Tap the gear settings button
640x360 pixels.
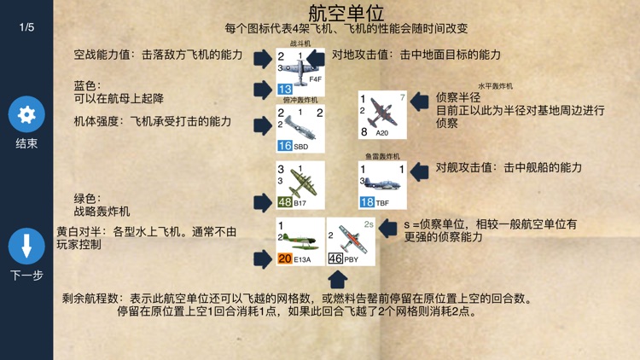26,114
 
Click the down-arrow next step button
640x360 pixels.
26,246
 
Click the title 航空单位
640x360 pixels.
346,13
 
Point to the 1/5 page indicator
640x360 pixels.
26,27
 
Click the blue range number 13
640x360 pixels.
285,89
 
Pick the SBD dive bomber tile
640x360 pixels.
300,129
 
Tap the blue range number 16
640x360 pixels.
285,146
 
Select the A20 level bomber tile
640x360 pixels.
382,115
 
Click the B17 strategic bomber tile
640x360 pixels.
300,185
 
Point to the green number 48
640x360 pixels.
285,202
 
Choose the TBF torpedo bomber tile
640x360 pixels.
382,185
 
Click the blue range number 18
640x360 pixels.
367,202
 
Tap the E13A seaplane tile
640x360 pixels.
300,241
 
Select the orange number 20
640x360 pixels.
285,258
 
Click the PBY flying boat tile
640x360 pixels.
351,241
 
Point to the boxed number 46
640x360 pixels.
335,258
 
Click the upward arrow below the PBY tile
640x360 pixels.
337,279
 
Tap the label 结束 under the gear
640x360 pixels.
26,143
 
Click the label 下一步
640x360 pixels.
26,275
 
